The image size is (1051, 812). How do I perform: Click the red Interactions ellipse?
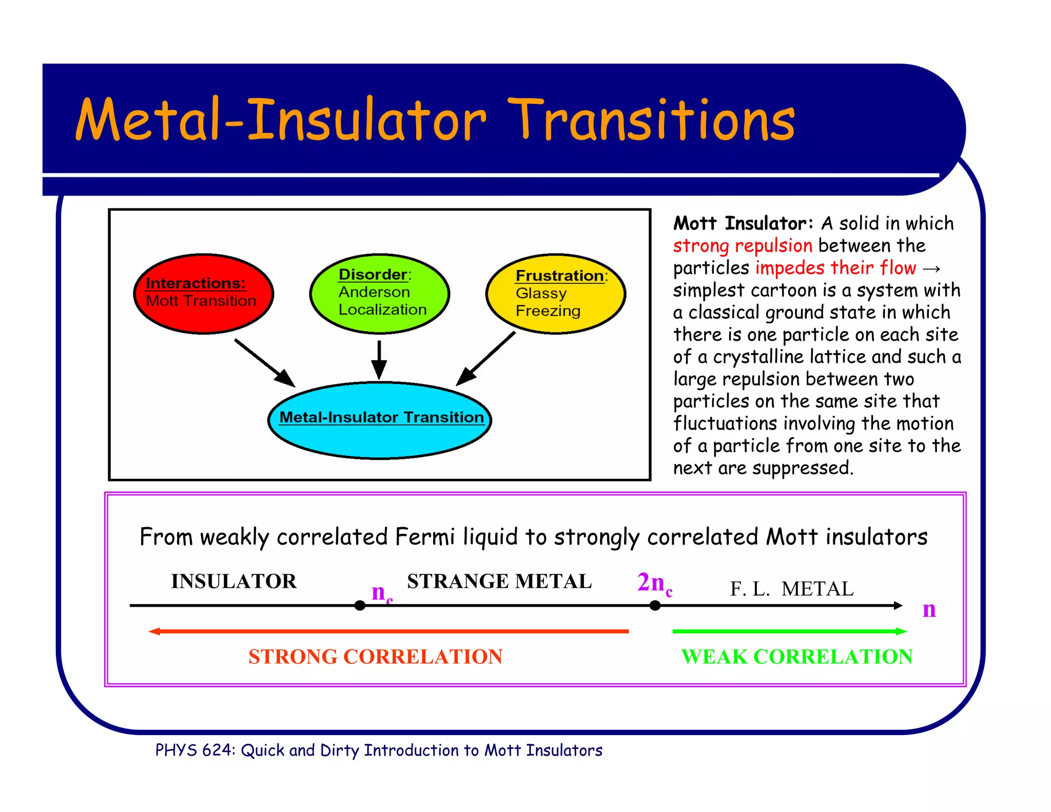coord(203,294)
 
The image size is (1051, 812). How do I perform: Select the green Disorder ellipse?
coord(379,293)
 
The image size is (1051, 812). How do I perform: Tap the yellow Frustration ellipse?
coord(555,294)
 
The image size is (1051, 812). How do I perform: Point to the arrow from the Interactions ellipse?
coord(264,362)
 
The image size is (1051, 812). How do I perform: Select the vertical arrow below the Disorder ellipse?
coord(379,359)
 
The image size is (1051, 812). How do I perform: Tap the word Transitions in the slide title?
coord(652,121)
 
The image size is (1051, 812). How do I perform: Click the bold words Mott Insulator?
coord(743,223)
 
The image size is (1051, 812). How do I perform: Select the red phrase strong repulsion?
coord(743,246)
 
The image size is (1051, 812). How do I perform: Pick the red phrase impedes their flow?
coord(835,268)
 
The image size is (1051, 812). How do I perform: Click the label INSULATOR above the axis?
coord(234,581)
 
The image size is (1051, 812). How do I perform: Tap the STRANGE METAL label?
coord(499,581)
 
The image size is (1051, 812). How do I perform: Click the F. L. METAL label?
coord(792,588)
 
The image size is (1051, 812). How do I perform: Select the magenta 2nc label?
coord(654,583)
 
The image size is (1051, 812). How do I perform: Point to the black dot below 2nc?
coord(655,606)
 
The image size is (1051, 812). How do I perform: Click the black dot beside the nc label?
coord(360,606)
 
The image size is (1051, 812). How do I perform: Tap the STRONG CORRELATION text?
coord(375,656)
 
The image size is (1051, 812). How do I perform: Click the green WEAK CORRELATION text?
coord(796,656)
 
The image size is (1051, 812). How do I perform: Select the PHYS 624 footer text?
coord(379,750)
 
